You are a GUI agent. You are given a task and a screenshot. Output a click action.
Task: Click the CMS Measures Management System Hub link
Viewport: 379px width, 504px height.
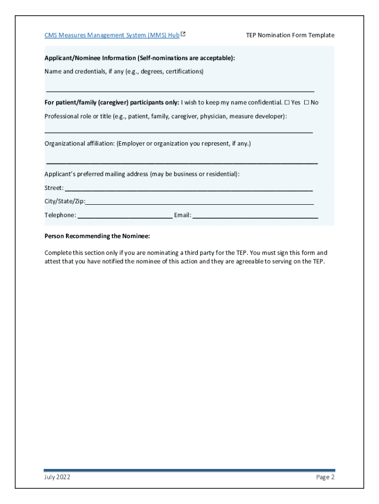[112, 35]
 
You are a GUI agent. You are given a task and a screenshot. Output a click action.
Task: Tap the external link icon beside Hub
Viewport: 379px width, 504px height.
[183, 34]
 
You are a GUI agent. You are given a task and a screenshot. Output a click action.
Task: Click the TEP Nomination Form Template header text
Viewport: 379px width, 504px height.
[290, 35]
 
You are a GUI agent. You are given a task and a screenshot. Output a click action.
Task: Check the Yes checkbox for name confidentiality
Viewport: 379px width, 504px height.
[287, 102]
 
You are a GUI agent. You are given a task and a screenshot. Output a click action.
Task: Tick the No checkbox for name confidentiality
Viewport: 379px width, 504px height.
[306, 102]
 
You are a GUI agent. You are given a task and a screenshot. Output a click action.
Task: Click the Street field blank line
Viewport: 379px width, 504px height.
[189, 189]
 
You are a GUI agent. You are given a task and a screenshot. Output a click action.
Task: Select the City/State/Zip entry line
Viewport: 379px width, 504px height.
[199, 203]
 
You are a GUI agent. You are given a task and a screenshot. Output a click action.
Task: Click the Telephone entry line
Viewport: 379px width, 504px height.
[125, 217]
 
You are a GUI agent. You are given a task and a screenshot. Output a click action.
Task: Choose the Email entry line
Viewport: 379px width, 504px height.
[255, 217]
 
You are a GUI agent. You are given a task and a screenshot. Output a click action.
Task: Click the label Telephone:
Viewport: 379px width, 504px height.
[60, 215]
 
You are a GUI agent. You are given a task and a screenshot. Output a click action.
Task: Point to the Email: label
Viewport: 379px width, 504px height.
[182, 215]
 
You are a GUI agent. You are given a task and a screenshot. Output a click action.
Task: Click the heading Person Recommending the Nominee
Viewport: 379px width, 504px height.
[97, 236]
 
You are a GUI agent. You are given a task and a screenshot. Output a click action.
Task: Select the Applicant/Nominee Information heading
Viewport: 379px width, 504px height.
[140, 58]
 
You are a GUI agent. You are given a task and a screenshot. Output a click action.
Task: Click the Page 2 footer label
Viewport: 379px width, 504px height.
[325, 477]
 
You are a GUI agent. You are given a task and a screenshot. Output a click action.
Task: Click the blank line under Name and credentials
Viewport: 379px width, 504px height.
[180, 91]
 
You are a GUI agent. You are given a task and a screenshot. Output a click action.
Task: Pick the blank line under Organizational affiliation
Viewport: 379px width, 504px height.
[182, 162]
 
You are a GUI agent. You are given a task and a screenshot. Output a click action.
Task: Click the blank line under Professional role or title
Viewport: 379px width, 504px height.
[179, 132]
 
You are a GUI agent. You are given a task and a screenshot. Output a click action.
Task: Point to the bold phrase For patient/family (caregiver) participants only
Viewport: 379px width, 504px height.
[112, 102]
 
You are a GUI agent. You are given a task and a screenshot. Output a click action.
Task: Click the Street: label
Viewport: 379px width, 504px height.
[54, 188]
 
